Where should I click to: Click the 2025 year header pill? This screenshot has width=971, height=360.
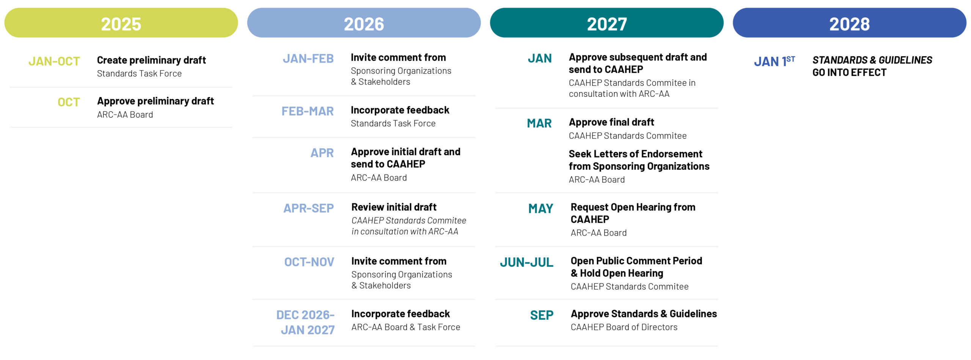121,23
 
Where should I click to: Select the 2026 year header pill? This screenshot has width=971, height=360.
364,23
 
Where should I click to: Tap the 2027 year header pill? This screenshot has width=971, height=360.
606,23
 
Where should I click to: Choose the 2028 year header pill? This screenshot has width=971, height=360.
849,23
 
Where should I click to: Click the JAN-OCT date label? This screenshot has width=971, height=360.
54,61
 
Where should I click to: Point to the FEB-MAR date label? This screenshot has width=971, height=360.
308,111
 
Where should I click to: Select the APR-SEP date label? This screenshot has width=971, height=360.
309,208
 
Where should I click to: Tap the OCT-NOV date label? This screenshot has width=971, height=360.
309,262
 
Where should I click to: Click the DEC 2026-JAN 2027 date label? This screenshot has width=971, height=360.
306,322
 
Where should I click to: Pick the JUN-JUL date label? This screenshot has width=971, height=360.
526,262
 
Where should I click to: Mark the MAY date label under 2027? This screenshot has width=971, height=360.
541,209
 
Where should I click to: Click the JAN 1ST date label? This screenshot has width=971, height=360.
774,61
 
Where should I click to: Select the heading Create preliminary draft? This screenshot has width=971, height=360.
151,60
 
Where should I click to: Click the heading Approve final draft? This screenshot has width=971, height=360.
611,122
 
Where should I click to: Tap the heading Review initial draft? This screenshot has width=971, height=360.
394,207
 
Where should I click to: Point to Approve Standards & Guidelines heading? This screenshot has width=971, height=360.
644,314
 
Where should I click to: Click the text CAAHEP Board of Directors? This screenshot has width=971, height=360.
624,327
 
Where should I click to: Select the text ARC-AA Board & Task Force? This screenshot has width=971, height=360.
405,327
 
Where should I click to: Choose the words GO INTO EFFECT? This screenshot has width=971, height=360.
849,72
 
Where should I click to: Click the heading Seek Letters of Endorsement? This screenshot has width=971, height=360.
635,154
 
